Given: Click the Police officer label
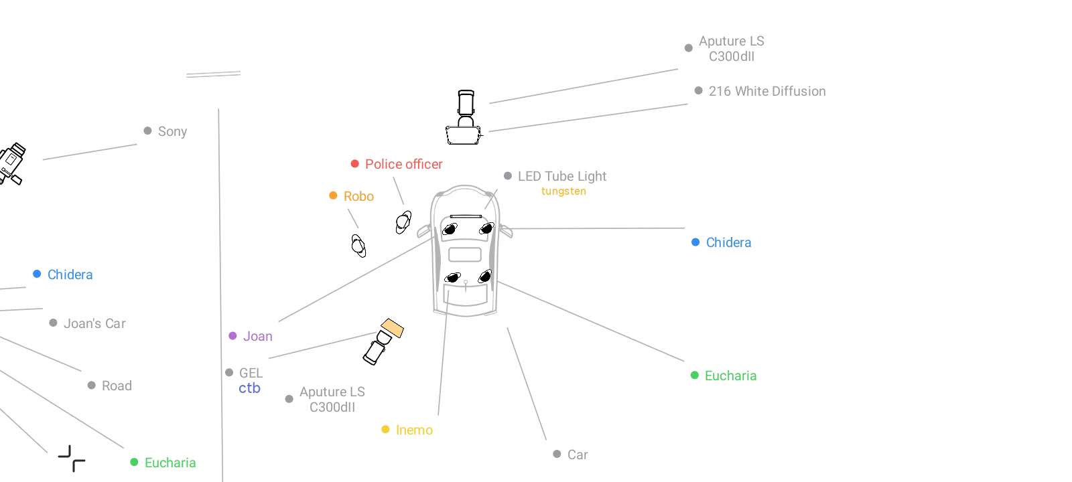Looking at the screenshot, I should [x=403, y=164].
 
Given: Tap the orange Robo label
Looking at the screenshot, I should [x=358, y=196].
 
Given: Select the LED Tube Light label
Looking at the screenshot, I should [x=561, y=176].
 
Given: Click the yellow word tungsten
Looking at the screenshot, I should [x=563, y=191].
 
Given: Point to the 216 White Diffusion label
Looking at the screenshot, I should [x=766, y=91].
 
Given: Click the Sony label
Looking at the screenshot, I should [x=172, y=131].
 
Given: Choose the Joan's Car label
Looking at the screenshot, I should [x=94, y=323].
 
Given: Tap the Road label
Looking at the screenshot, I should [x=117, y=386].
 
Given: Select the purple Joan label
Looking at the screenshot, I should [x=257, y=336].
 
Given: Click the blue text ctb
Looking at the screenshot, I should [x=249, y=388].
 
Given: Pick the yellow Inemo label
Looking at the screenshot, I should [x=414, y=430].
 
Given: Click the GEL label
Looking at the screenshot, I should [x=251, y=373].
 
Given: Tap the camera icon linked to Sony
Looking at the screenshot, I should [x=11, y=163].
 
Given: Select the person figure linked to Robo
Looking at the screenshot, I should [x=358, y=246].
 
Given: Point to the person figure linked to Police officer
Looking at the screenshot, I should [x=403, y=222].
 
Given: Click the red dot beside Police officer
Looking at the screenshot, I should [x=354, y=164].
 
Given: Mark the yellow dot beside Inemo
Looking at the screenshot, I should [x=385, y=429].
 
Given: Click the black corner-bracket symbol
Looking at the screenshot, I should [x=72, y=459].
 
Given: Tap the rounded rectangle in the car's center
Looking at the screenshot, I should [x=464, y=254].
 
